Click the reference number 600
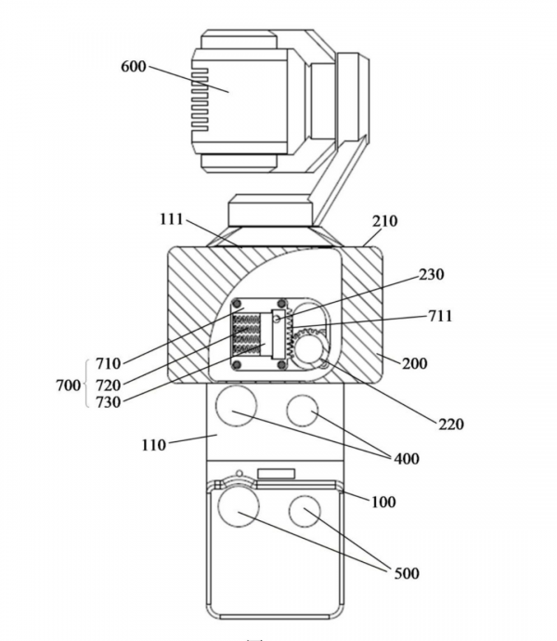click(134, 67)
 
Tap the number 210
click(384, 221)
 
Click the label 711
click(439, 316)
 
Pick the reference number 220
click(450, 425)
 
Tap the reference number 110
click(153, 445)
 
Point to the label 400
click(406, 459)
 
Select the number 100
click(382, 502)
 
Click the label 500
click(406, 573)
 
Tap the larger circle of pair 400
click(236, 407)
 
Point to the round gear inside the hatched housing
click(309, 347)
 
